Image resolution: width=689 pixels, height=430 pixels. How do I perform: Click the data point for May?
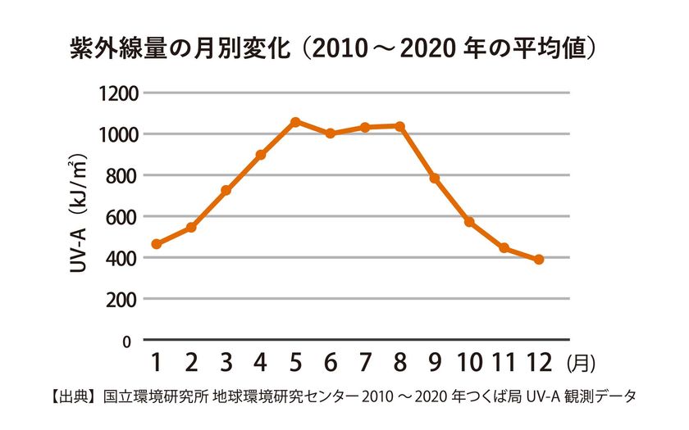click(296, 121)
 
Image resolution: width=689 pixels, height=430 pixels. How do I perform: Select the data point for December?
click(539, 260)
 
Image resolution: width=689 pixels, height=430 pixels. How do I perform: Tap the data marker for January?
click(157, 244)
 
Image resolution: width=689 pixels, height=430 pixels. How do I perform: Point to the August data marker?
click(400, 126)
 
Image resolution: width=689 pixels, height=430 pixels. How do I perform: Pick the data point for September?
click(435, 179)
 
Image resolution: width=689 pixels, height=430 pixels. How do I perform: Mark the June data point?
click(331, 133)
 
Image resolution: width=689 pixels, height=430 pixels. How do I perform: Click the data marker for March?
click(226, 190)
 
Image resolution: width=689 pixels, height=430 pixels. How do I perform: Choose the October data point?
click(469, 222)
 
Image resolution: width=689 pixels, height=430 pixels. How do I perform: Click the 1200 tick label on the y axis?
click(119, 94)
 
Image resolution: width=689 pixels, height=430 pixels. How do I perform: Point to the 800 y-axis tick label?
click(122, 176)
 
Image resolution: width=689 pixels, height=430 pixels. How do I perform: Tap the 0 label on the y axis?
click(126, 342)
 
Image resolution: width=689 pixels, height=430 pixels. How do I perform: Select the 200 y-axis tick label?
click(122, 300)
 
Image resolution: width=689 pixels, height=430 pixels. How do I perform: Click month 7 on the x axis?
click(365, 363)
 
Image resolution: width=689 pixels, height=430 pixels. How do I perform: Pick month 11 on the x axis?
click(504, 363)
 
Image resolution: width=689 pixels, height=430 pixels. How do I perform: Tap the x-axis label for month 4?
click(261, 363)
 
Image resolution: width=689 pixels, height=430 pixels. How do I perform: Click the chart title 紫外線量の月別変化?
click(180, 48)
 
